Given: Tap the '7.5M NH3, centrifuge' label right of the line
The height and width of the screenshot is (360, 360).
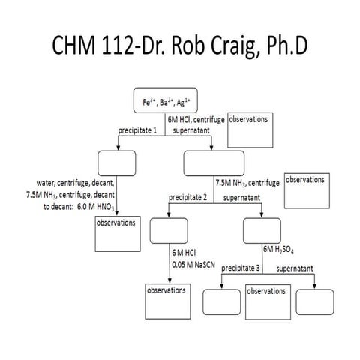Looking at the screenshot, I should click(x=247, y=182).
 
